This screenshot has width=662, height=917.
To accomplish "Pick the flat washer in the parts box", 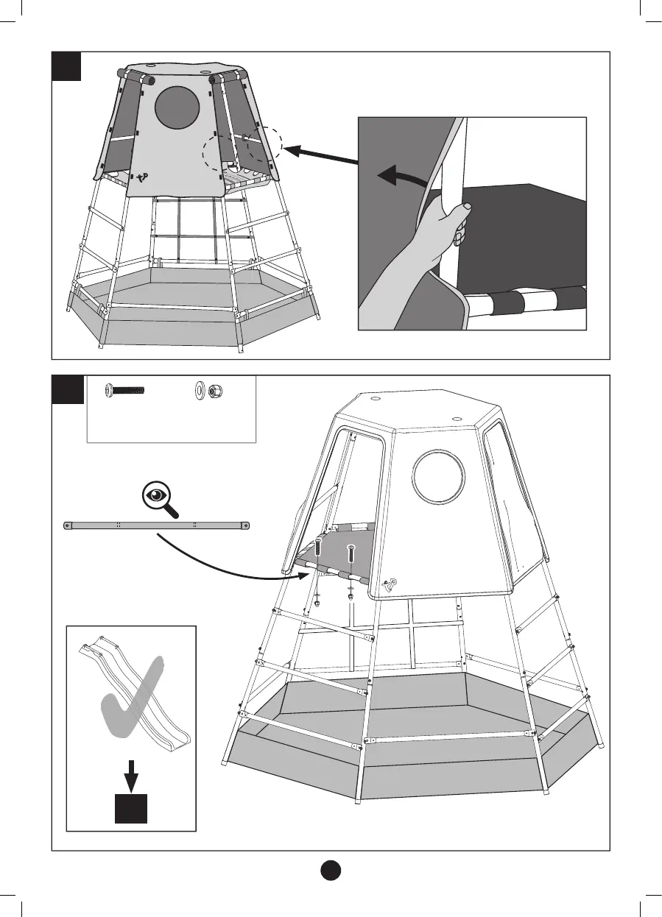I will pos(200,389).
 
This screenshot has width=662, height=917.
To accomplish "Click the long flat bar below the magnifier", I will pos(155,525).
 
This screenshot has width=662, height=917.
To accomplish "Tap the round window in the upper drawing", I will pos(177,107).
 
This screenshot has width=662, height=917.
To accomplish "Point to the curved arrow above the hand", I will pos(401,177).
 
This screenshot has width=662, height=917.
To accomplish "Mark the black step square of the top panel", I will pos(66,65).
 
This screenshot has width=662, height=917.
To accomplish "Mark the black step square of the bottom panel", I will pos(66,389).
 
